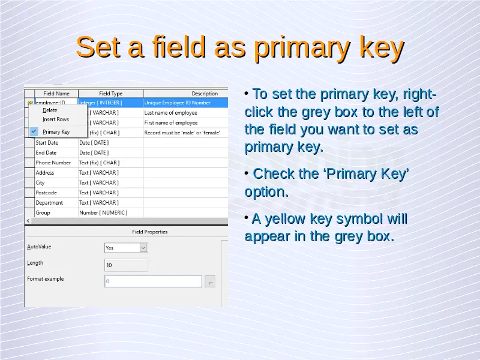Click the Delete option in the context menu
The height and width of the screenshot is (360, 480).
(50, 110)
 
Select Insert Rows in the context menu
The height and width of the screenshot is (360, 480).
(56, 119)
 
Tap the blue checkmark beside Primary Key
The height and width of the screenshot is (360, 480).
(34, 131)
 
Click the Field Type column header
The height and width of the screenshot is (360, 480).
(110, 94)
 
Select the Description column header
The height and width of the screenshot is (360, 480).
(205, 94)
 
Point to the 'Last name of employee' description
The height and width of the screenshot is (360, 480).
(171, 113)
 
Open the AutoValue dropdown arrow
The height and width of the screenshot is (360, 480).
(143, 248)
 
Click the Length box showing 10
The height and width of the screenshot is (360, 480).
(126, 265)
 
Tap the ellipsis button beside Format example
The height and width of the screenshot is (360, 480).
(211, 281)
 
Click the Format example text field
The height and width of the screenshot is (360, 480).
(154, 281)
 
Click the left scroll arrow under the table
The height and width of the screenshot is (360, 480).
(28, 221)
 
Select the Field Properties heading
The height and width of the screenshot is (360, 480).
(149, 232)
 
